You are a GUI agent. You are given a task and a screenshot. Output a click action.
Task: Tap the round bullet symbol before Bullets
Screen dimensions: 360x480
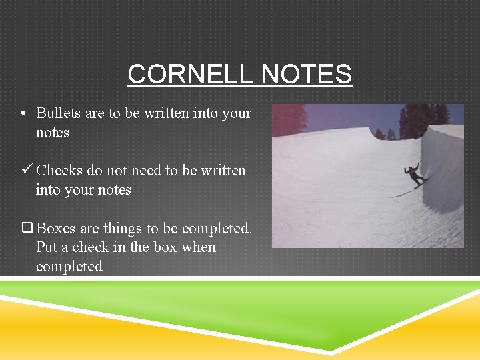click(23, 113)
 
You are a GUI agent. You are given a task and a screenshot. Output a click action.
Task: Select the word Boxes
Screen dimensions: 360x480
click(57, 229)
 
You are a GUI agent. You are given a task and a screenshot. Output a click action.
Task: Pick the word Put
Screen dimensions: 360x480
click(46, 247)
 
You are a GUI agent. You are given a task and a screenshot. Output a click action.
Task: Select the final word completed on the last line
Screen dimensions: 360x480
click(69, 267)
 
